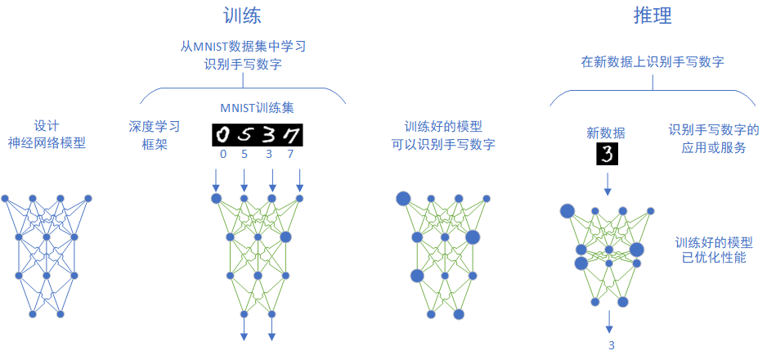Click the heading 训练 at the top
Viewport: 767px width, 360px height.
tap(242, 16)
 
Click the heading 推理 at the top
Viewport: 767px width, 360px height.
tap(653, 16)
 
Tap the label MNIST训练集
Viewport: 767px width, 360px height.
tap(258, 109)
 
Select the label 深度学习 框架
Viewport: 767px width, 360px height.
tap(154, 135)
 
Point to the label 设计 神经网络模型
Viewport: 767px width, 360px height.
tap(47, 135)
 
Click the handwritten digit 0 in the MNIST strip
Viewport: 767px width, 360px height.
tap(223, 134)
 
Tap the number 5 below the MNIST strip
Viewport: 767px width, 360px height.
tap(244, 155)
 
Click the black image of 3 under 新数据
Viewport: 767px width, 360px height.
tap(608, 154)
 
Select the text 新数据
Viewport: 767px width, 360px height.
tap(606, 132)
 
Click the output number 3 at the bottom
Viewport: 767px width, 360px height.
tap(612, 345)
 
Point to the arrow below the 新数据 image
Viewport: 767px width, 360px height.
tap(608, 184)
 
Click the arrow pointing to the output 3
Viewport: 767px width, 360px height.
tap(609, 322)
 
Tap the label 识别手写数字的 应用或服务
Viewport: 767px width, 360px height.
tap(714, 138)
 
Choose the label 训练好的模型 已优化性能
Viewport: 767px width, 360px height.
tap(714, 250)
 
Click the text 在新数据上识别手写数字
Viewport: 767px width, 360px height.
tap(653, 61)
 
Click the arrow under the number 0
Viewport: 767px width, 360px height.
tap(216, 180)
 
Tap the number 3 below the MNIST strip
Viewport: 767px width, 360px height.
tap(268, 155)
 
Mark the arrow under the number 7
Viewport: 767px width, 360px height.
tap(300, 180)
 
